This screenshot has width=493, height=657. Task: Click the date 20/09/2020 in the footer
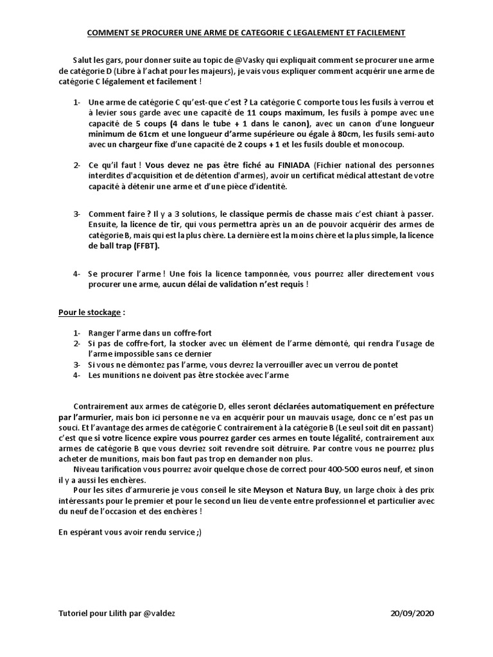(x=412, y=613)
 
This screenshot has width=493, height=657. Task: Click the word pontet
(x=384, y=365)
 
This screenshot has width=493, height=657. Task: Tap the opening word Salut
(x=85, y=59)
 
